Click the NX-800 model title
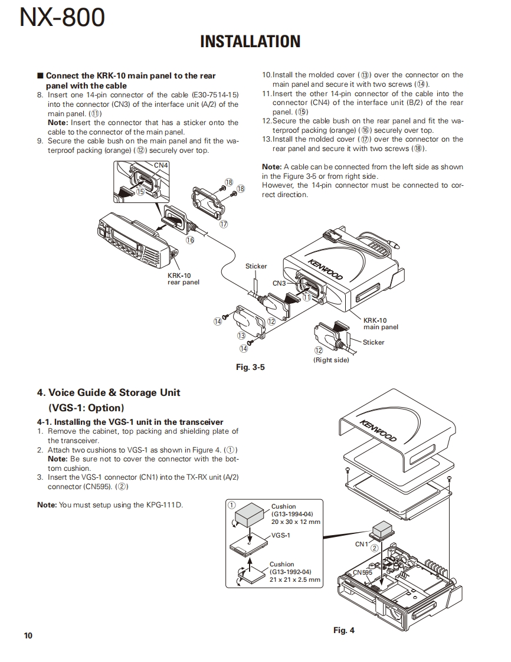62,18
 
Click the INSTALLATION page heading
250,41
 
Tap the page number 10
28,635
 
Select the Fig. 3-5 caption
250,367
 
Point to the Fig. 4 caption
344,630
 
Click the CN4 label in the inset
160,165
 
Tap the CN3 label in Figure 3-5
279,283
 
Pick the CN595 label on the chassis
362,572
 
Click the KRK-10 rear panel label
184,278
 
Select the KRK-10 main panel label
381,323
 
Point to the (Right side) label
331,360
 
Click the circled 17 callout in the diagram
223,224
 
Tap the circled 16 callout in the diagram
190,240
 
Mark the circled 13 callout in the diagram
241,335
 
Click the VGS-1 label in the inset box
281,535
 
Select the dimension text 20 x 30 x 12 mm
296,522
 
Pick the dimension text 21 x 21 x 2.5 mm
295,579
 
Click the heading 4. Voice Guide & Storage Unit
109,392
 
